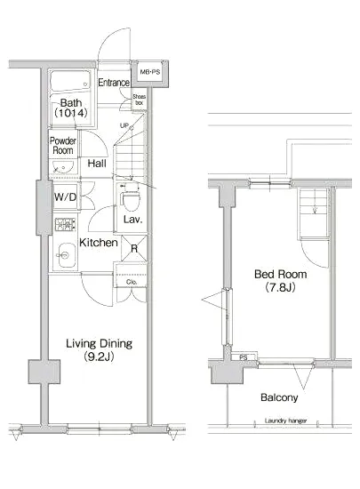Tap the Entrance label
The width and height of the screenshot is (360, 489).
click(x=114, y=83)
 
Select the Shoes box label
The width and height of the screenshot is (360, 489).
click(x=140, y=100)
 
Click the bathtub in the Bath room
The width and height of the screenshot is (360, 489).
click(x=72, y=83)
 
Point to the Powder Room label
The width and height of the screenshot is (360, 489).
click(x=63, y=145)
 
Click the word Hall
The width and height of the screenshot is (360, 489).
click(x=98, y=164)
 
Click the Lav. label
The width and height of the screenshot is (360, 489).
click(x=133, y=219)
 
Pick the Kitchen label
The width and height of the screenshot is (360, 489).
click(x=99, y=242)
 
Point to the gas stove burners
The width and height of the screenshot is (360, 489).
click(x=64, y=225)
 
